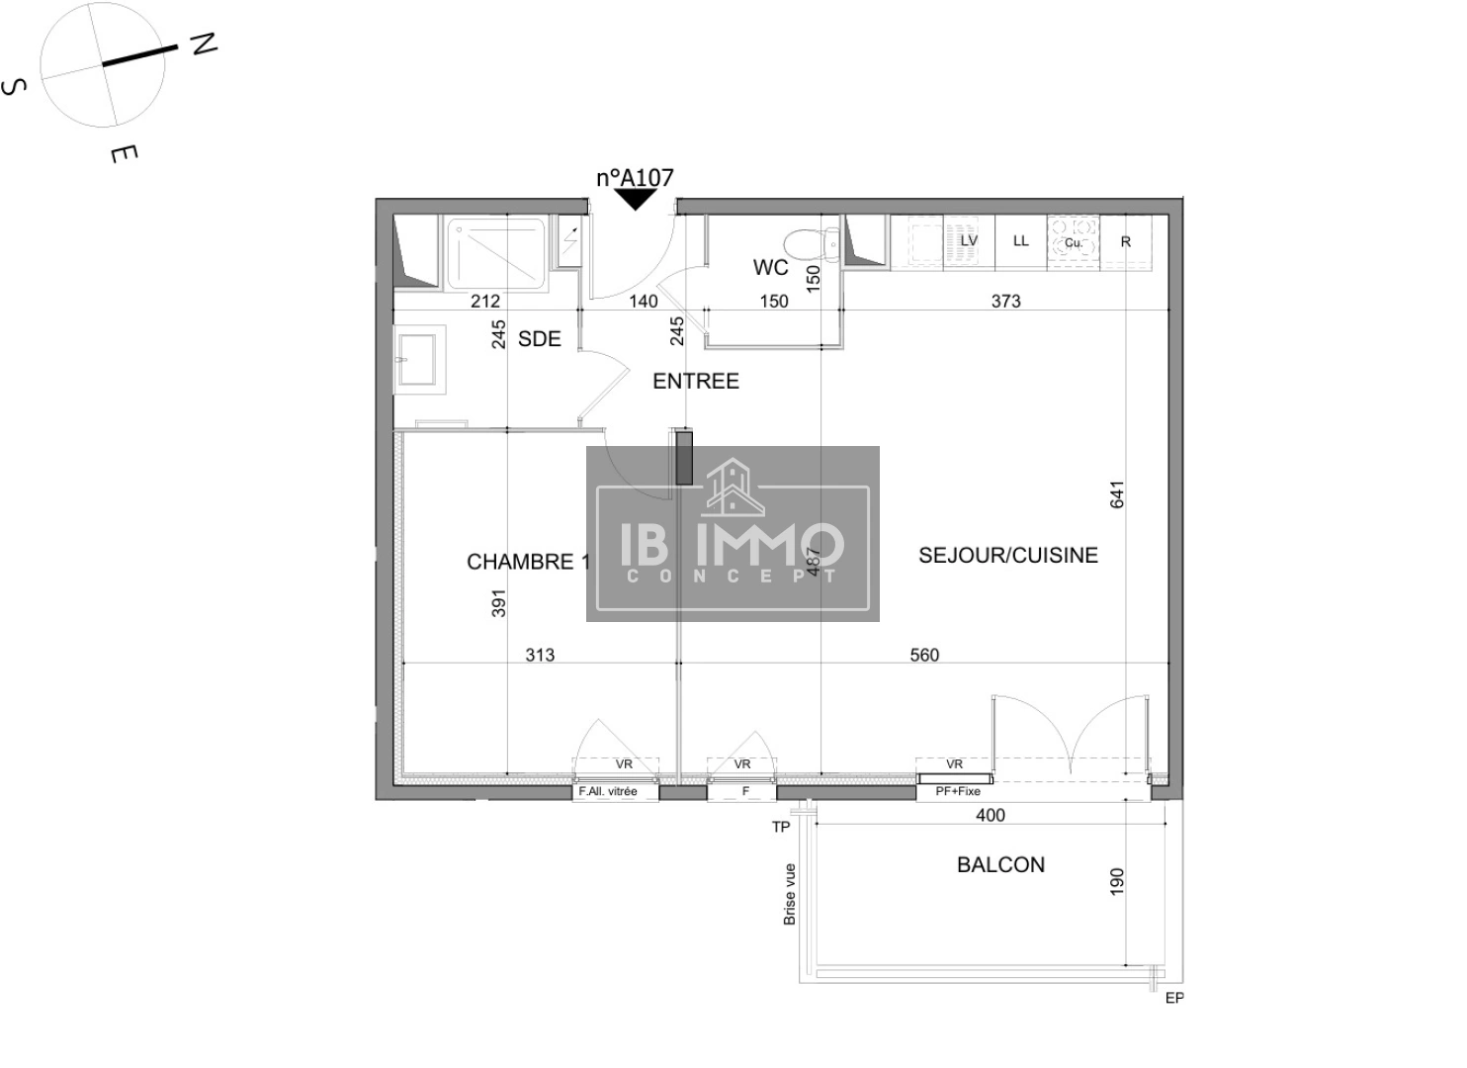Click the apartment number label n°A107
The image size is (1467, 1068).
[635, 178]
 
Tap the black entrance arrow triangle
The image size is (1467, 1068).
[636, 199]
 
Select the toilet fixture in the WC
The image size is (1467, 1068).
[803, 243]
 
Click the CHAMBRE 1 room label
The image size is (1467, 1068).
[528, 562]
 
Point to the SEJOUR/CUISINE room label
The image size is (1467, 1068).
[1007, 556]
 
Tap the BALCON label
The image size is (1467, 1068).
[1000, 865]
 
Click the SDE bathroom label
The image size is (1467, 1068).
[539, 339]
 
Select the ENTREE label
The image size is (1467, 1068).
[695, 382]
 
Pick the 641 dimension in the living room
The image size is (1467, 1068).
[1117, 494]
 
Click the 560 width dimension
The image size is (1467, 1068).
[924, 656]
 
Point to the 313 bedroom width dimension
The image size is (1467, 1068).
[540, 656]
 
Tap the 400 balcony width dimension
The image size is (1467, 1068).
[990, 816]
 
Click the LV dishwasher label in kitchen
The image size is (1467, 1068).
[969, 240]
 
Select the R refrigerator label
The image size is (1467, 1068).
[1125, 241]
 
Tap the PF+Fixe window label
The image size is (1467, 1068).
[957, 792]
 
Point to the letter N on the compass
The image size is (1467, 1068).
[204, 44]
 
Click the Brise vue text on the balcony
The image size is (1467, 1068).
[790, 894]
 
